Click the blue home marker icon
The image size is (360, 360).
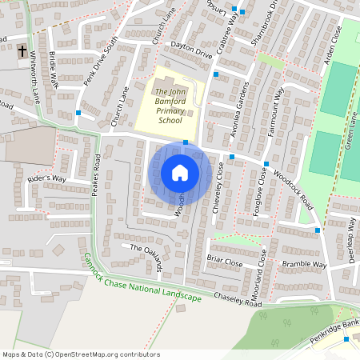click(x=180, y=172)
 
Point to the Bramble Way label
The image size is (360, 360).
click(x=305, y=264)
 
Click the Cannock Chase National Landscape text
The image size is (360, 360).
click(x=142, y=278)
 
